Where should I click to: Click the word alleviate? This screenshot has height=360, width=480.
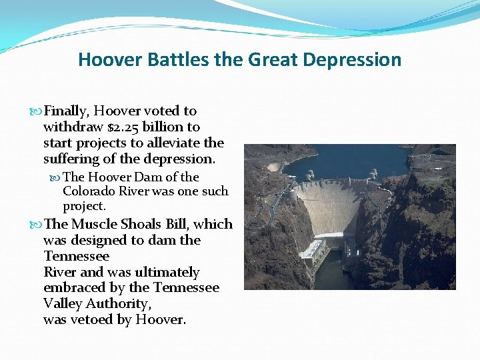click(x=183, y=143)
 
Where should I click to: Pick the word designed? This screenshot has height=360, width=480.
click(x=97, y=240)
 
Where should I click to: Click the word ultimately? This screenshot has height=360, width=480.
click(x=167, y=272)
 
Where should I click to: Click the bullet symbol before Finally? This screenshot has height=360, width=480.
click(x=37, y=111)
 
